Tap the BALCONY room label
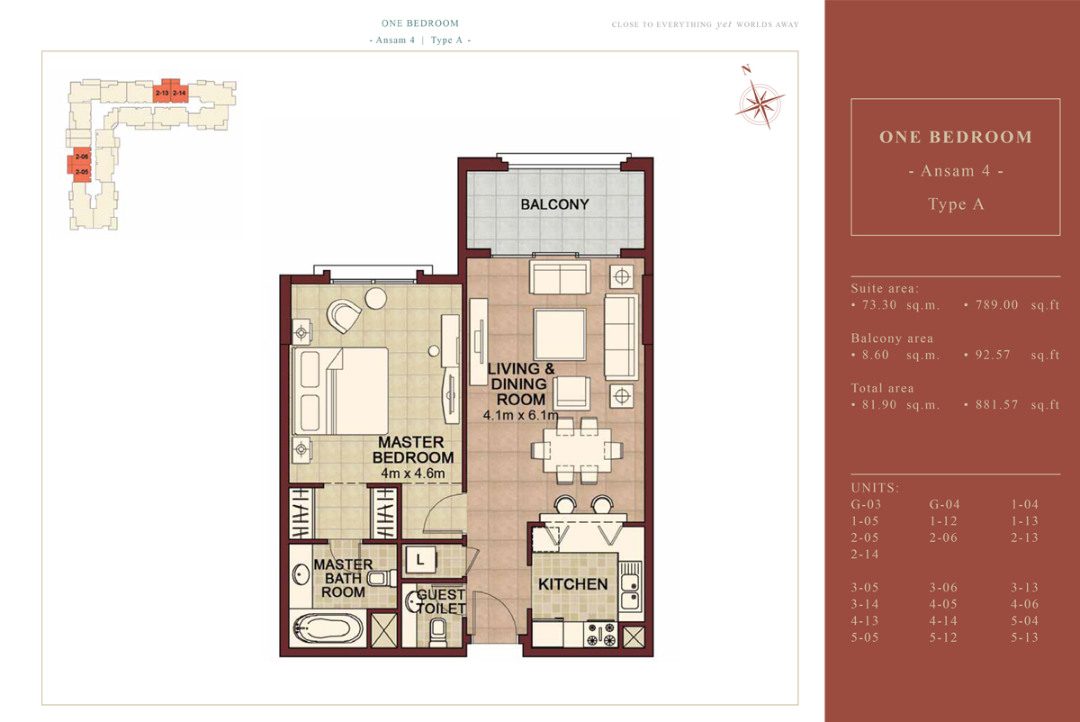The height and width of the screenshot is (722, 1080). [x=554, y=204]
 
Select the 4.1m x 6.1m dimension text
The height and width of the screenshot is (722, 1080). [x=520, y=416]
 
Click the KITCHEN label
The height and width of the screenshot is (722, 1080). [x=572, y=584]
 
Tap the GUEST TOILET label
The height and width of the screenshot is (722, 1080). [x=441, y=601]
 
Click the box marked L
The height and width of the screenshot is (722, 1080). [x=419, y=560]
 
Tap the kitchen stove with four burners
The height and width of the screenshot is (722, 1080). [x=602, y=634]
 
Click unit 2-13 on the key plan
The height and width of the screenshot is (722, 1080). [x=162, y=93]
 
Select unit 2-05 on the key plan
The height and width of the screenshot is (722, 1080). [x=81, y=172]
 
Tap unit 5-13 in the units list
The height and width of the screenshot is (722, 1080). [x=1024, y=637]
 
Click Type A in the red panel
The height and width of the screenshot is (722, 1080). [x=955, y=204]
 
